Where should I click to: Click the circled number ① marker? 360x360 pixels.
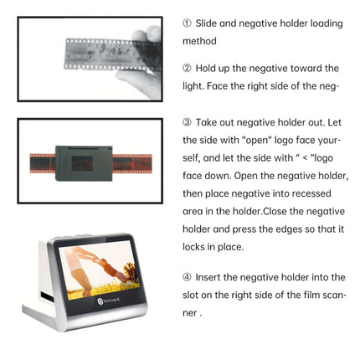[x=187, y=23]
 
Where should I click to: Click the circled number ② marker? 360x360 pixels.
[x=187, y=68]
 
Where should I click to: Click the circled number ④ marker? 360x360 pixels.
[x=187, y=276]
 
